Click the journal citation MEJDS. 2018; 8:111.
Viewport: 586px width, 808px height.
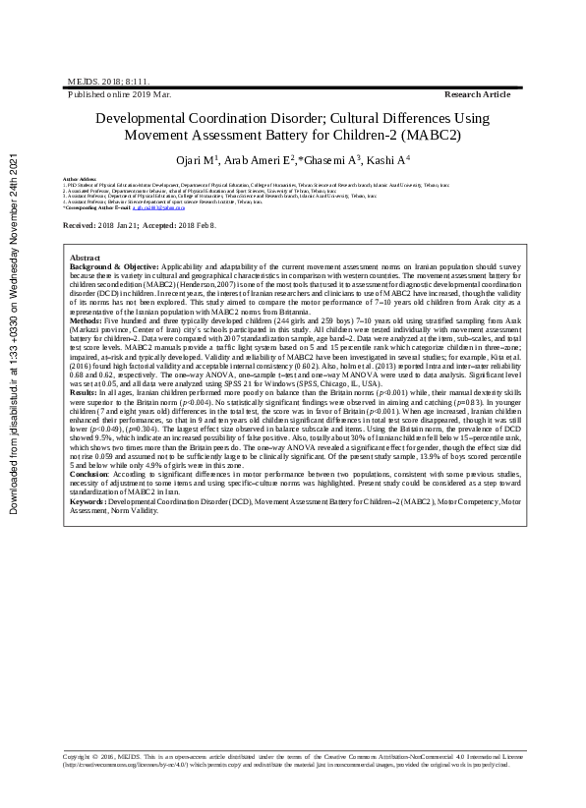point(94,82)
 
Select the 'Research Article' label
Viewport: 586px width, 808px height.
point(477,93)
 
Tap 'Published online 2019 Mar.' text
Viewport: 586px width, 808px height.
point(119,93)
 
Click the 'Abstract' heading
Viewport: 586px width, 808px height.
point(86,257)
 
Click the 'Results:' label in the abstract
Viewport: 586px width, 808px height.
point(84,392)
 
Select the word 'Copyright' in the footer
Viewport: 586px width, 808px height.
point(77,757)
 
